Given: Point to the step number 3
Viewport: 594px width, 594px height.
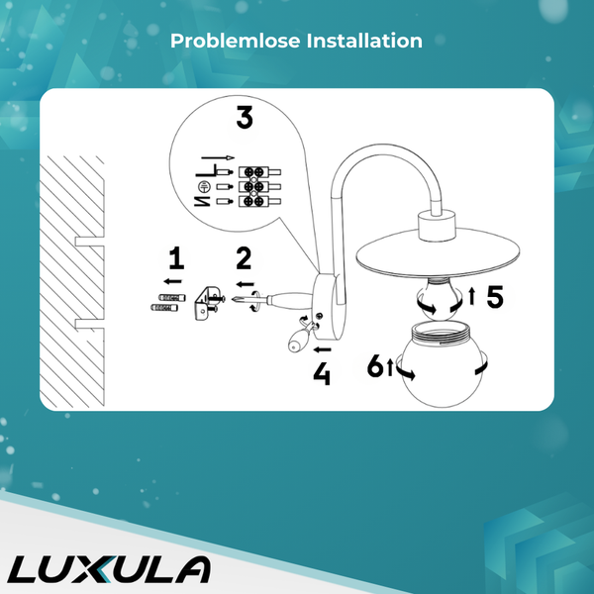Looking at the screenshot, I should (244, 118).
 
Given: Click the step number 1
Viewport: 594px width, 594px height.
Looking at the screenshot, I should (176, 259).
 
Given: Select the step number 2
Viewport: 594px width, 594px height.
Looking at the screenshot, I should (243, 259).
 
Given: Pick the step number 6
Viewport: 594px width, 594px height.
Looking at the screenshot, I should (374, 366).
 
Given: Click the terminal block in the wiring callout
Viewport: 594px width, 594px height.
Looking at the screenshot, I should (252, 185).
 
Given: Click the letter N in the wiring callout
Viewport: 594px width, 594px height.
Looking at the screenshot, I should (201, 202).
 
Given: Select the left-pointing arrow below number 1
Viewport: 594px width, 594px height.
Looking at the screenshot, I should (173, 282).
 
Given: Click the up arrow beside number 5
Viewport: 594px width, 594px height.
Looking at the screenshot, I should (473, 294).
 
